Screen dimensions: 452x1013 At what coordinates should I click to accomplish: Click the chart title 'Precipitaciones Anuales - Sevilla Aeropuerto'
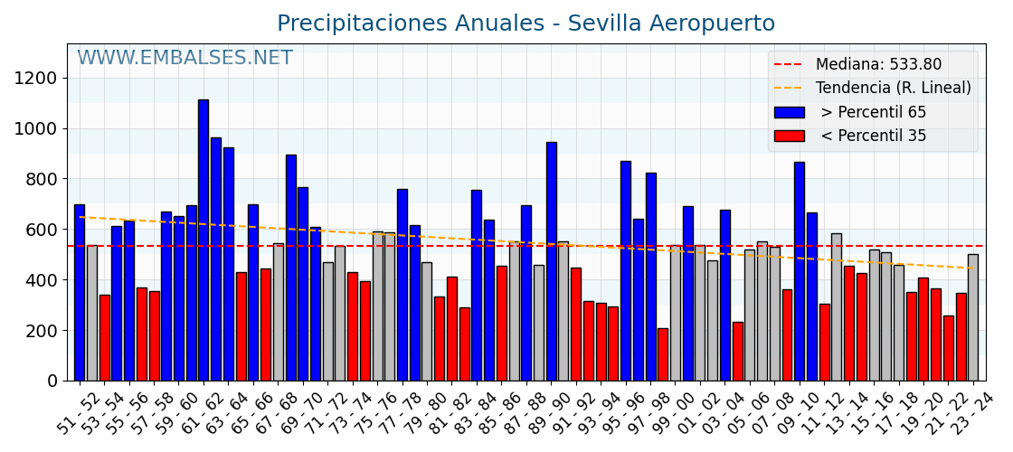(525, 24)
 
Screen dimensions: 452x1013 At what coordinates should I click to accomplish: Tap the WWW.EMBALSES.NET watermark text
(185, 59)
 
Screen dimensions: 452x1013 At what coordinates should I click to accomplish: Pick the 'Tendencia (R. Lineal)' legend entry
(893, 88)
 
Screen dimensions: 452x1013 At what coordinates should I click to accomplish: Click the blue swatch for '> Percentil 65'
(789, 112)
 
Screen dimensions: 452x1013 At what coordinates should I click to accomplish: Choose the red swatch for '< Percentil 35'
(789, 136)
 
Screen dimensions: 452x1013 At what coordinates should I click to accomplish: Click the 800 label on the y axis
(43, 179)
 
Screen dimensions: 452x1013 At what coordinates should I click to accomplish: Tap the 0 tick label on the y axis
(52, 381)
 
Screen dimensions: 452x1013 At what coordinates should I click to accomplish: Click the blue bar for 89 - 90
(552, 261)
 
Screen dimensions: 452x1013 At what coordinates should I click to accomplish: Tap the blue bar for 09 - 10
(800, 271)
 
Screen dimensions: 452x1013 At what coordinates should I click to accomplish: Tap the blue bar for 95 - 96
(626, 270)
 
